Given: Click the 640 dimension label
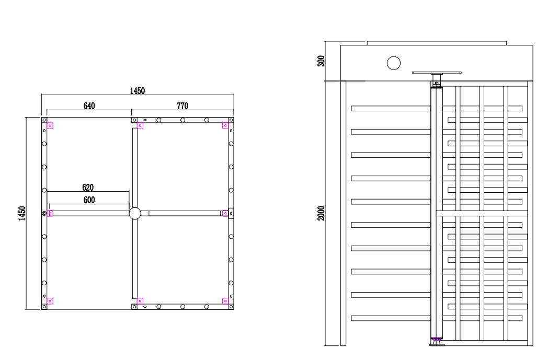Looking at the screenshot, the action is pyautogui.click(x=89, y=106).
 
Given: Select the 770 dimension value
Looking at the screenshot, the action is pyautogui.click(x=182, y=106).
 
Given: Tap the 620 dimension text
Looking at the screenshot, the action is pyautogui.click(x=88, y=188).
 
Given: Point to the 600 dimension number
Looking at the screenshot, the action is pyautogui.click(x=89, y=200).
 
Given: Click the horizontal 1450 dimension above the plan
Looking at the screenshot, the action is pyautogui.click(x=138, y=91).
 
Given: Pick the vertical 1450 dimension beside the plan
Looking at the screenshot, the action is pyautogui.click(x=22, y=213).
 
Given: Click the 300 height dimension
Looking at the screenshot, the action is pyautogui.click(x=321, y=61).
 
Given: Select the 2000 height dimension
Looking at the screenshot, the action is pyautogui.click(x=321, y=213).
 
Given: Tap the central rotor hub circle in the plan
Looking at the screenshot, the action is pyautogui.click(x=135, y=213).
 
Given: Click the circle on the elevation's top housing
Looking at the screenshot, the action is pyautogui.click(x=394, y=63).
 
